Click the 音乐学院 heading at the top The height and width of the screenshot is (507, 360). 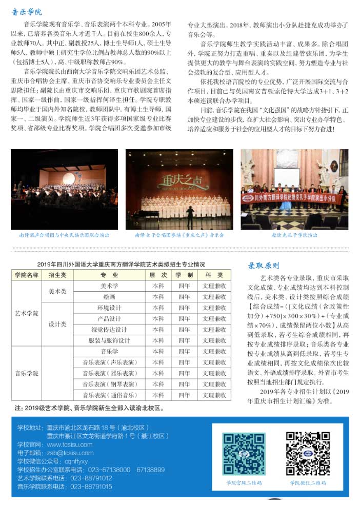(27, 12)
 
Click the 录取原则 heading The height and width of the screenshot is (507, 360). (264, 266)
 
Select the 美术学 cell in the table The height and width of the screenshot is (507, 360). (109, 286)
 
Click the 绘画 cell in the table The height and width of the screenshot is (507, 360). (109, 297)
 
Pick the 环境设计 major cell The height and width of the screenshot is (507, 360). (109, 308)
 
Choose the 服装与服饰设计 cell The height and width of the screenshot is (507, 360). (109, 340)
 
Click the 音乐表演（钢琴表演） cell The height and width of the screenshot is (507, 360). (109, 384)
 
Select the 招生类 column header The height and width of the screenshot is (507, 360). (57, 275)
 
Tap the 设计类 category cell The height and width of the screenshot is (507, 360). (57, 324)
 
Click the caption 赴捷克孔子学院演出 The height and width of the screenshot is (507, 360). (294, 235)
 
